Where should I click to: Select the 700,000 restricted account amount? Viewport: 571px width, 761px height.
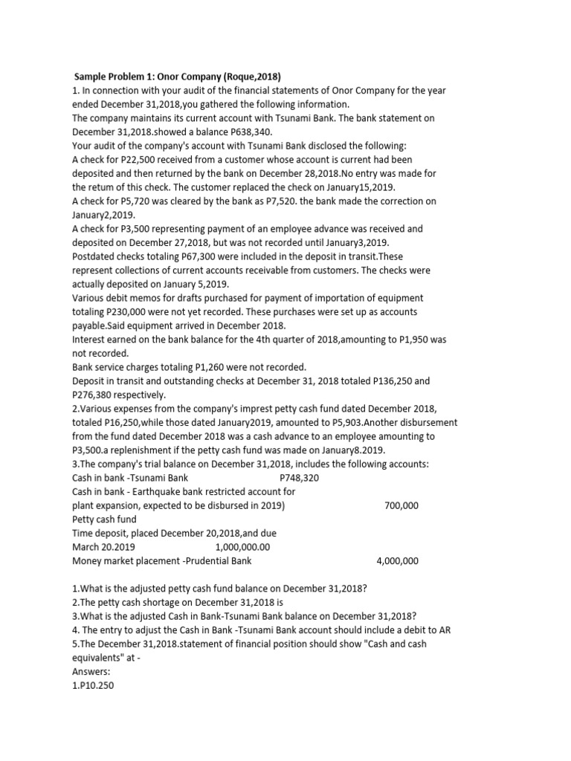(401, 505)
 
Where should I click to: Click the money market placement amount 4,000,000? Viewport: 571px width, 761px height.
(398, 561)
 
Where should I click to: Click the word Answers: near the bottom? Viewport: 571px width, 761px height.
(91, 671)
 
